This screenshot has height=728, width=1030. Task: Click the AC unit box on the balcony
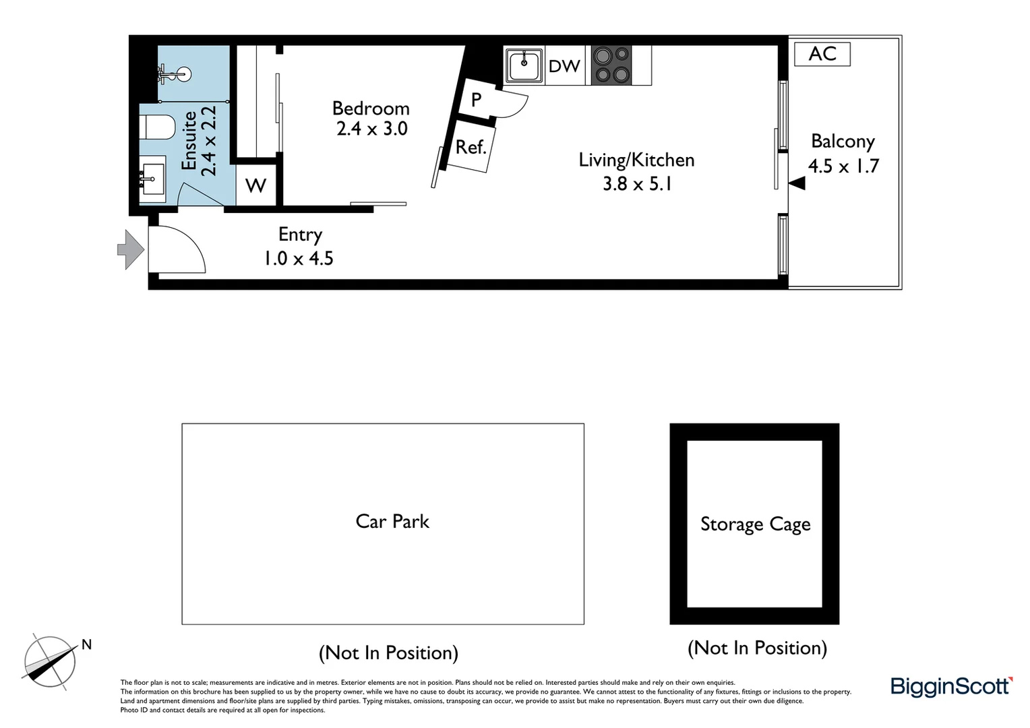pos(822,54)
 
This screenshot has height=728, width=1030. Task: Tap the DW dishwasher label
pos(564,66)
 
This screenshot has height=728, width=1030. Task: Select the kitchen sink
pos(524,66)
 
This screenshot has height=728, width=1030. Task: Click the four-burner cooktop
pos(611,65)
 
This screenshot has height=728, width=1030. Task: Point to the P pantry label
pos(476,100)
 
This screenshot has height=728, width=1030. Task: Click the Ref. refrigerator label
pos(471,148)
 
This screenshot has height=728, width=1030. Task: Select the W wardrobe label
pos(255,185)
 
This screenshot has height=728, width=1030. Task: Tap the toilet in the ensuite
pos(158,127)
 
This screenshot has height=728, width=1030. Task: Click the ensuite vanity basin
pos(152,179)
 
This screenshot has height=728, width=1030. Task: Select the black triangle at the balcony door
pos(797,183)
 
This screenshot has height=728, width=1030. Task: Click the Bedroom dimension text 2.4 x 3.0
pos(371,128)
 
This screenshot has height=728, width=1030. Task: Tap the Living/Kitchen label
pos(636,160)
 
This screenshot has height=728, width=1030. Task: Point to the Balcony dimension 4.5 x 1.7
pos(843,166)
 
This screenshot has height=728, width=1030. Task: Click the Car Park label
pos(392,521)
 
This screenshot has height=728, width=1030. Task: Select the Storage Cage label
pos(755,524)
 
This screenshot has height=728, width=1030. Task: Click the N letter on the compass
pos(86,644)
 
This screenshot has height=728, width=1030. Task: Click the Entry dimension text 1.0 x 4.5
pos(298,258)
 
